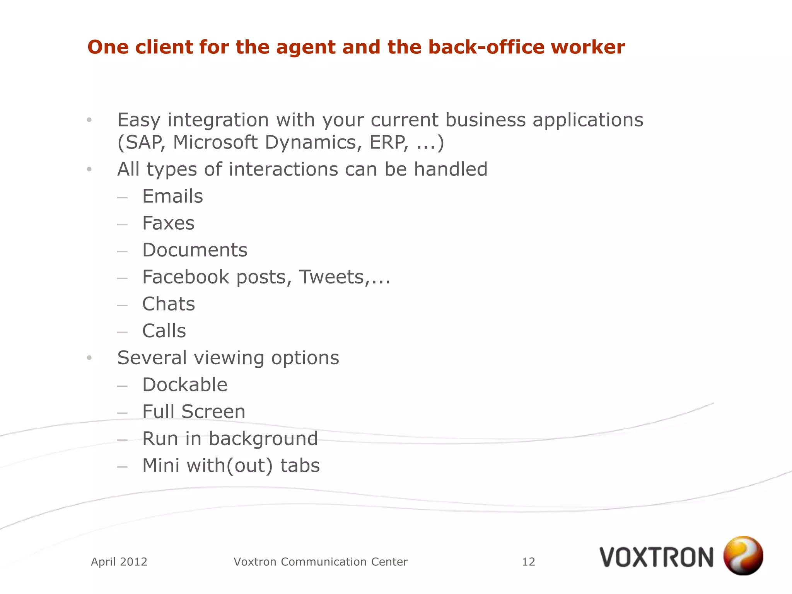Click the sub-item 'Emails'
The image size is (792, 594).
[x=172, y=196]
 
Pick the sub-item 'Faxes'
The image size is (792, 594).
[x=168, y=223]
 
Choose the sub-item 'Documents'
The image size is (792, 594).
[x=195, y=250]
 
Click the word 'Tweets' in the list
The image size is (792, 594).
[x=332, y=277]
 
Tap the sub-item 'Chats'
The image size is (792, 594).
[x=169, y=304]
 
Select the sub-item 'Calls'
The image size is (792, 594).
[x=164, y=331]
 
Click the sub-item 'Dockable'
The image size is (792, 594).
[x=185, y=385]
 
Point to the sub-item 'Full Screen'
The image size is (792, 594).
[x=194, y=411]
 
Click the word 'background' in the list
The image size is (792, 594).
[x=263, y=439]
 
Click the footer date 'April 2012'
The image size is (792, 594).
[x=119, y=562]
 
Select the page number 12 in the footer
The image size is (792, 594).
[x=528, y=562]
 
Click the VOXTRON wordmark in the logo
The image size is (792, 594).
[x=656, y=557]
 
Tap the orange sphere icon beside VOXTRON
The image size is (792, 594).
[x=743, y=555]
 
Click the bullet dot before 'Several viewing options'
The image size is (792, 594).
[x=89, y=358]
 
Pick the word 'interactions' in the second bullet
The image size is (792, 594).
[x=283, y=169]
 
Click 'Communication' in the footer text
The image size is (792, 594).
[x=324, y=562]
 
